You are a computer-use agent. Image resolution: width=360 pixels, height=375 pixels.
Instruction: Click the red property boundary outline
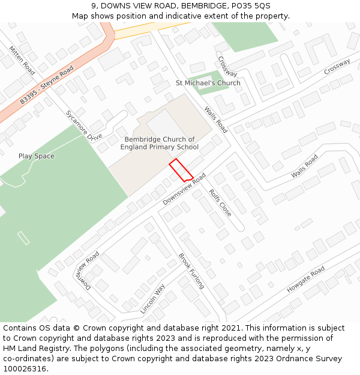click(181, 170)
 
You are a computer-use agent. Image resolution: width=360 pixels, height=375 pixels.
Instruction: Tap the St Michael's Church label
click(208, 83)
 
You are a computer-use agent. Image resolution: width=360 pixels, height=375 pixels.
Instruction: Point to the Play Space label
click(36, 156)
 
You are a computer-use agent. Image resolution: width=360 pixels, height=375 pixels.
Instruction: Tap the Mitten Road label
click(22, 58)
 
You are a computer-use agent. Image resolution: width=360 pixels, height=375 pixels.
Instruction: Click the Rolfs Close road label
click(220, 203)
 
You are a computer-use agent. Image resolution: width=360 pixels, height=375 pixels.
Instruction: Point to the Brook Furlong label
click(191, 271)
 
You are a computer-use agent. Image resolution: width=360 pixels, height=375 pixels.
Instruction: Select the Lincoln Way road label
click(152, 299)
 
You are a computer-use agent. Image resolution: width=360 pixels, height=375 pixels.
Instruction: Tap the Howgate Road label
click(305, 279)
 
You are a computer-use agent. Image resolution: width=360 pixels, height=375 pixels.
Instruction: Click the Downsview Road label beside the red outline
click(184, 189)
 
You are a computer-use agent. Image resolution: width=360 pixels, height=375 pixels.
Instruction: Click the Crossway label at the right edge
click(337, 67)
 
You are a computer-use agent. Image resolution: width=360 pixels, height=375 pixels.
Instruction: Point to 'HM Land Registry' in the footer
click(33, 349)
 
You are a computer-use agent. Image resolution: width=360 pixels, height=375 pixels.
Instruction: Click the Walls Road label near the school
click(216, 119)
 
